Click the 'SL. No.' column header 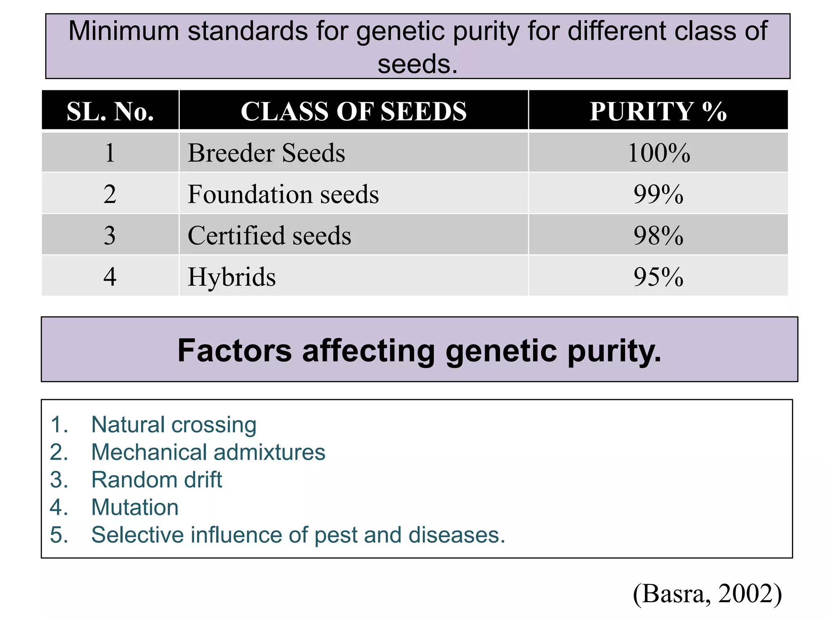[110, 111]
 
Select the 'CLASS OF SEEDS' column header [353, 111]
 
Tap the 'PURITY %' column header [658, 111]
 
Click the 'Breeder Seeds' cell [267, 153]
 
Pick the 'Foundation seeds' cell [283, 194]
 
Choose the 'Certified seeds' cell [269, 235]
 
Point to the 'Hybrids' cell [232, 277]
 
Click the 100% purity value [659, 153]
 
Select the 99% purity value [658, 194]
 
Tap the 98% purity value [658, 235]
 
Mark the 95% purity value [658, 277]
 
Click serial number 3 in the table [110, 235]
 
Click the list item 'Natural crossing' [174, 425]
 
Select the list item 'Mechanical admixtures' [208, 452]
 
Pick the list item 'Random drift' [157, 480]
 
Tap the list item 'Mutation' [135, 507]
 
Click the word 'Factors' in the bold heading [235, 350]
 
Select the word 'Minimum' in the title [124, 31]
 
